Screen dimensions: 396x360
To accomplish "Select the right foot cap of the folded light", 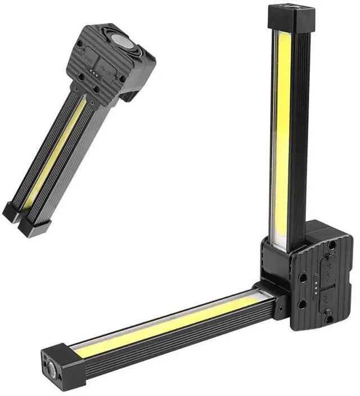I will (34, 225).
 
